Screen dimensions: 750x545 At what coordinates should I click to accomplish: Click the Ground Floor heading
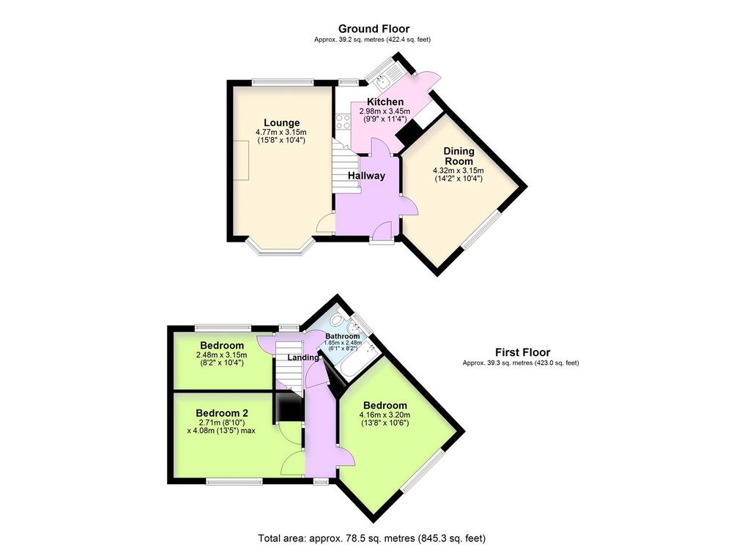(x=374, y=29)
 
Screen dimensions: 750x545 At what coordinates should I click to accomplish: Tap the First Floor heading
(x=522, y=352)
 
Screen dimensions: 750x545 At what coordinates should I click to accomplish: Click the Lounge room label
(x=282, y=123)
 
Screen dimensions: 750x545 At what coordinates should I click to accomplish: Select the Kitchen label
(x=385, y=102)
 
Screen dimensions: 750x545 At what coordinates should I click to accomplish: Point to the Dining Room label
(x=459, y=156)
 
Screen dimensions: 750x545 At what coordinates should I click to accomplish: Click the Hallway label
(x=366, y=176)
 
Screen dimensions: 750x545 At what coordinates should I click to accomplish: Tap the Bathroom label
(x=343, y=336)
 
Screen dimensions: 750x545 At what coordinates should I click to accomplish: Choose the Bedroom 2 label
(x=222, y=413)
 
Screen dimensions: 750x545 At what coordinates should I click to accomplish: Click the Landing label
(x=303, y=357)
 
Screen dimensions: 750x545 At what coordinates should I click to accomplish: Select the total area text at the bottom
(x=371, y=538)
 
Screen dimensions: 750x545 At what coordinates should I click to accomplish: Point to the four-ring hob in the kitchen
(x=343, y=121)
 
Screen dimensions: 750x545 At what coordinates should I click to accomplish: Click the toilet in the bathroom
(x=338, y=317)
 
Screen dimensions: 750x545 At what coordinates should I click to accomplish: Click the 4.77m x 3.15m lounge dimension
(x=281, y=132)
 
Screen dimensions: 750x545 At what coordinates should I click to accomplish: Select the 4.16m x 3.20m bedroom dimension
(x=385, y=415)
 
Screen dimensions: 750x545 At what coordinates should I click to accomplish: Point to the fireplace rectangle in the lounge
(x=242, y=160)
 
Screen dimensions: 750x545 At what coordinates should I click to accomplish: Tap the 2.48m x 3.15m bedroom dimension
(x=221, y=355)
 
